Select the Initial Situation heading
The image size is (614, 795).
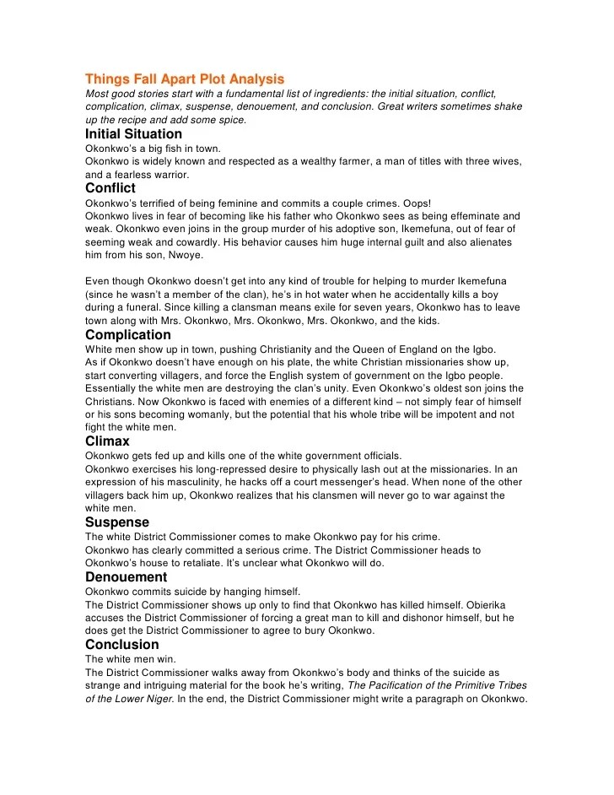[133, 133]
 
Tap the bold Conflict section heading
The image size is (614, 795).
[110, 188]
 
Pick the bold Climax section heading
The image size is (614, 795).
[107, 441]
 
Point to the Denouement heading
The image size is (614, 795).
[127, 577]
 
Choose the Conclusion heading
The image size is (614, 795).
[122, 645]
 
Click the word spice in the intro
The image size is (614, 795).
[229, 120]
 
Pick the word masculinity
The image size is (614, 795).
[195, 483]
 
